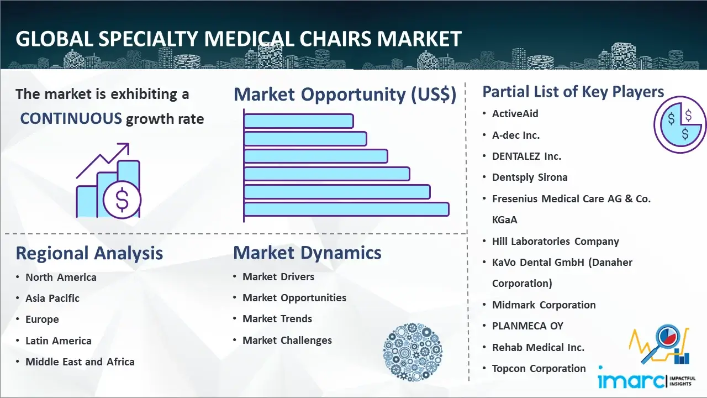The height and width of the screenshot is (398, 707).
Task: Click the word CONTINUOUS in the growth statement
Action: (71, 119)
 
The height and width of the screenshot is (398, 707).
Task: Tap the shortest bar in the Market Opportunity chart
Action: (299, 121)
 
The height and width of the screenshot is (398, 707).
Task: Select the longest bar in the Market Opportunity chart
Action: (346, 210)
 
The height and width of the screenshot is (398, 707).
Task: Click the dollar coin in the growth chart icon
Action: (122, 200)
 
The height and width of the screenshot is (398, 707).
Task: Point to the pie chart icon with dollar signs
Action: (680, 125)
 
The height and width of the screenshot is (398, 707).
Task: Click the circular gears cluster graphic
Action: (413, 352)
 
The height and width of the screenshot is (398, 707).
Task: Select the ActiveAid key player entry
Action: (515, 114)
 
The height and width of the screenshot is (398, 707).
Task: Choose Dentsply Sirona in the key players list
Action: (530, 177)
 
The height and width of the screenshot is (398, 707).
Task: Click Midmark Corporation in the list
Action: (544, 305)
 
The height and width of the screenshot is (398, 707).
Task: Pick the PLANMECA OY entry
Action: (527, 326)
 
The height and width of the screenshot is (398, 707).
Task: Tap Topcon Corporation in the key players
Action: (539, 369)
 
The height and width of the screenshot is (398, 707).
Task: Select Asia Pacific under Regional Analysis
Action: (52, 298)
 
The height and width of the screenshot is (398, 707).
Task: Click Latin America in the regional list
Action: (59, 341)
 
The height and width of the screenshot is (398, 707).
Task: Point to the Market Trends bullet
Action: (277, 319)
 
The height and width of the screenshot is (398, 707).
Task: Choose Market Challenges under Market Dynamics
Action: (287, 340)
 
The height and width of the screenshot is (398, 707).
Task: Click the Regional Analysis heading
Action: (89, 253)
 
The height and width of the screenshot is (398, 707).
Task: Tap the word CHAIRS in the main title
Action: (335, 39)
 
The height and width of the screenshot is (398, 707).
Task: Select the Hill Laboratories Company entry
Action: (556, 242)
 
